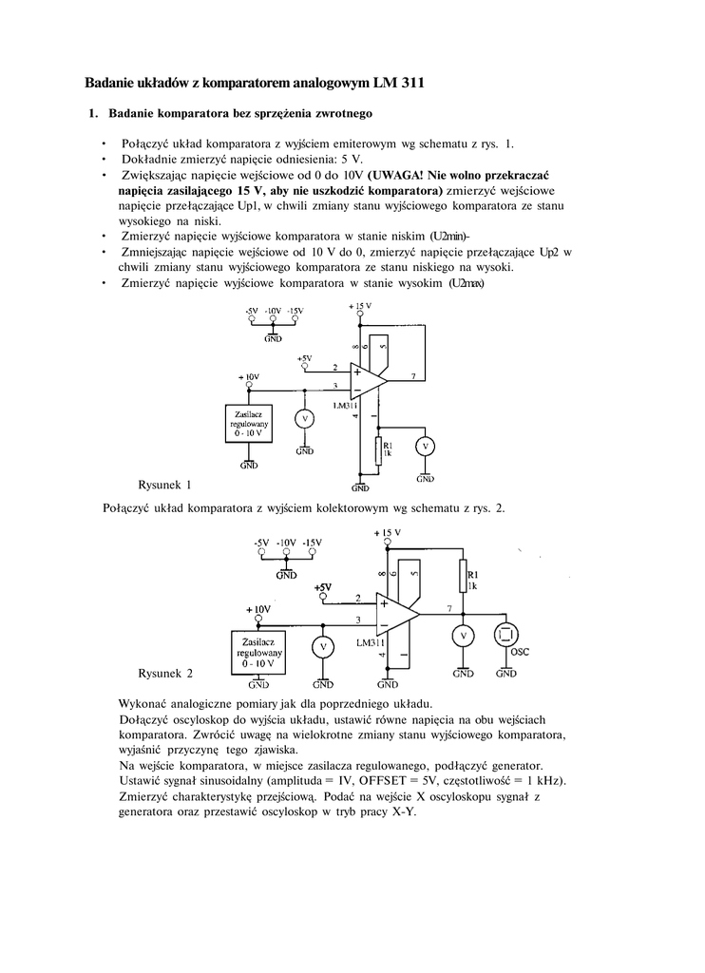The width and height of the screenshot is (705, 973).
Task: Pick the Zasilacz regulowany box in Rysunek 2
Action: [258, 652]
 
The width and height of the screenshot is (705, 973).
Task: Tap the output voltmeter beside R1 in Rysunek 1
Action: [427, 446]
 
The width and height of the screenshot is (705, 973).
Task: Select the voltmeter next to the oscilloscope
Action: [463, 635]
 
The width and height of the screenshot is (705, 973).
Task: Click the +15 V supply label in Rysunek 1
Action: [361, 306]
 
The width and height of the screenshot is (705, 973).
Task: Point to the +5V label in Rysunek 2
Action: [324, 587]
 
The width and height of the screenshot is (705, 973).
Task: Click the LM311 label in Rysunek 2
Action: [370, 643]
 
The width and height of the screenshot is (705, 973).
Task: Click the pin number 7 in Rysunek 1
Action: [412, 377]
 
